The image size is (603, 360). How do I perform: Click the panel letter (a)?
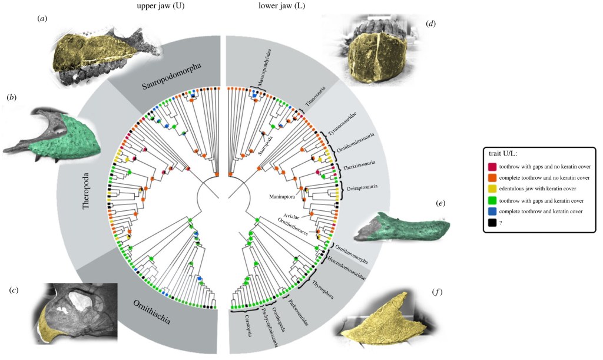(x=42, y=19)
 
